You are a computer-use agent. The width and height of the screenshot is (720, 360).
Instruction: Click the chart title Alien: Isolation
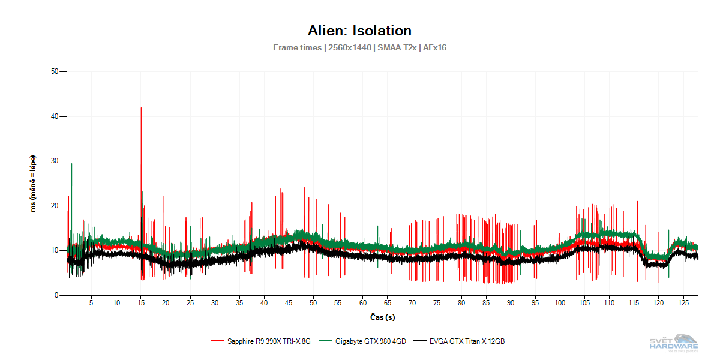[359, 31]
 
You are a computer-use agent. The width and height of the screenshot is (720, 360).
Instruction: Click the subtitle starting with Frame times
[359, 47]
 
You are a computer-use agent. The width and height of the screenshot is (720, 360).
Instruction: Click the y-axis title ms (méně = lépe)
[34, 184]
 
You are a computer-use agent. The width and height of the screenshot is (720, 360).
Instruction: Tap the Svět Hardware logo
[674, 342]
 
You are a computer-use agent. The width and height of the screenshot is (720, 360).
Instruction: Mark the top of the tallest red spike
[141, 108]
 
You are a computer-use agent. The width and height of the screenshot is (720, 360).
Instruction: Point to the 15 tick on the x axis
[141, 304]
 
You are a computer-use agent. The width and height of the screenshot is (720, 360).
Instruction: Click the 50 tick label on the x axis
[313, 304]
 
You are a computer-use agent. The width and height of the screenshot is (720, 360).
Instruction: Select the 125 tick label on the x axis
[682, 304]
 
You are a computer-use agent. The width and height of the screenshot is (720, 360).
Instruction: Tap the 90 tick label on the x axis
[510, 304]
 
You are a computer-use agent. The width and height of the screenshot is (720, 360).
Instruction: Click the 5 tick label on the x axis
[92, 304]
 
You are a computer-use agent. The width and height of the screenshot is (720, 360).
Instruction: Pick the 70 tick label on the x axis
[412, 304]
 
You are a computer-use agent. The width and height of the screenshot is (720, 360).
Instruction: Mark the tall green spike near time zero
[71, 164]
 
